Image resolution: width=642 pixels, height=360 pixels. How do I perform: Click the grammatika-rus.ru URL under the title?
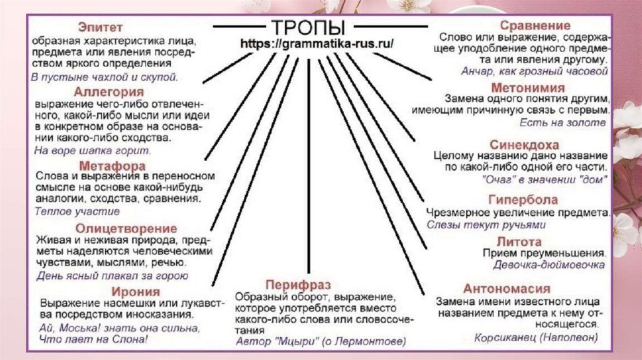coord(317,45)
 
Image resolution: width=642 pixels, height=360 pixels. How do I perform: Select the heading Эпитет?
coord(100,28)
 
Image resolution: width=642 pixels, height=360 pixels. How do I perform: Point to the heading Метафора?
coord(113,166)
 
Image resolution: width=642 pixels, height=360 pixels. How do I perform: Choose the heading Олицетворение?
coord(126,228)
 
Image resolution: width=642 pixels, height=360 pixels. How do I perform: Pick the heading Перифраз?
coord(298,284)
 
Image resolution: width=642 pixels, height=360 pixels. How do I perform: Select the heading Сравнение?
coord(535,26)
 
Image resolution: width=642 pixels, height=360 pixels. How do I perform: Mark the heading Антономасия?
coord(507,289)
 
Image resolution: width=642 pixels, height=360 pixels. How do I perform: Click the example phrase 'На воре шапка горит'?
coord(92,151)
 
